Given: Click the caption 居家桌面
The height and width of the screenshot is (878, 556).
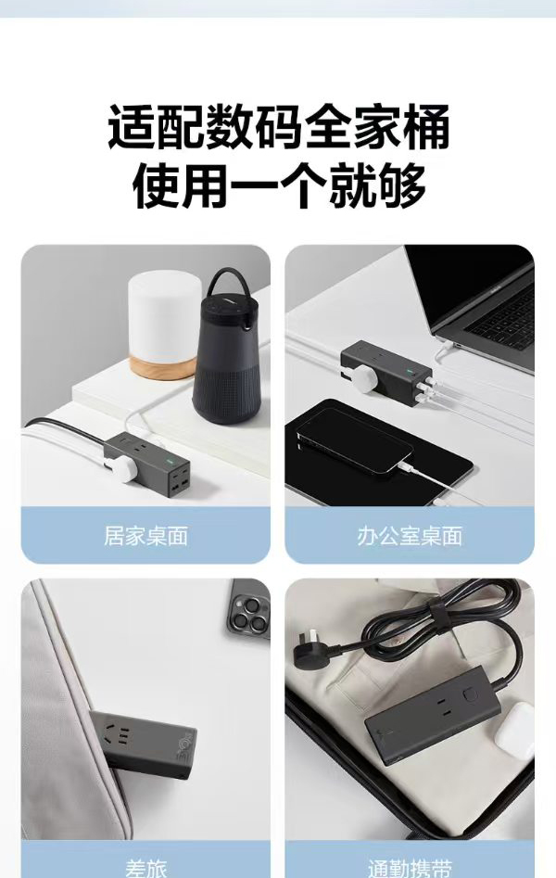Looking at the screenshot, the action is click(x=145, y=536).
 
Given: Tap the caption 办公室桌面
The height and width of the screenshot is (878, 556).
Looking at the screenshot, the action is click(x=410, y=536).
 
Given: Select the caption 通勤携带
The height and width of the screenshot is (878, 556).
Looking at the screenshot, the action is click(x=410, y=868).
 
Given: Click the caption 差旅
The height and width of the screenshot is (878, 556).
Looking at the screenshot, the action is click(x=145, y=869).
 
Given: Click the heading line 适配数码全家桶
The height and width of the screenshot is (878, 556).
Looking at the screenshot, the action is click(x=278, y=126).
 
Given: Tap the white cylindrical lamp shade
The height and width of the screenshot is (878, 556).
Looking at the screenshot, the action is click(x=165, y=316).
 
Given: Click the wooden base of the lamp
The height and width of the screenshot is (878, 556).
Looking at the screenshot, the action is click(x=163, y=368).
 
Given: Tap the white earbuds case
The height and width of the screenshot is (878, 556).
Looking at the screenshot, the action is click(x=513, y=727).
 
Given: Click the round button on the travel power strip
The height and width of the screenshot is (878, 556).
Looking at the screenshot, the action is click(x=469, y=694).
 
